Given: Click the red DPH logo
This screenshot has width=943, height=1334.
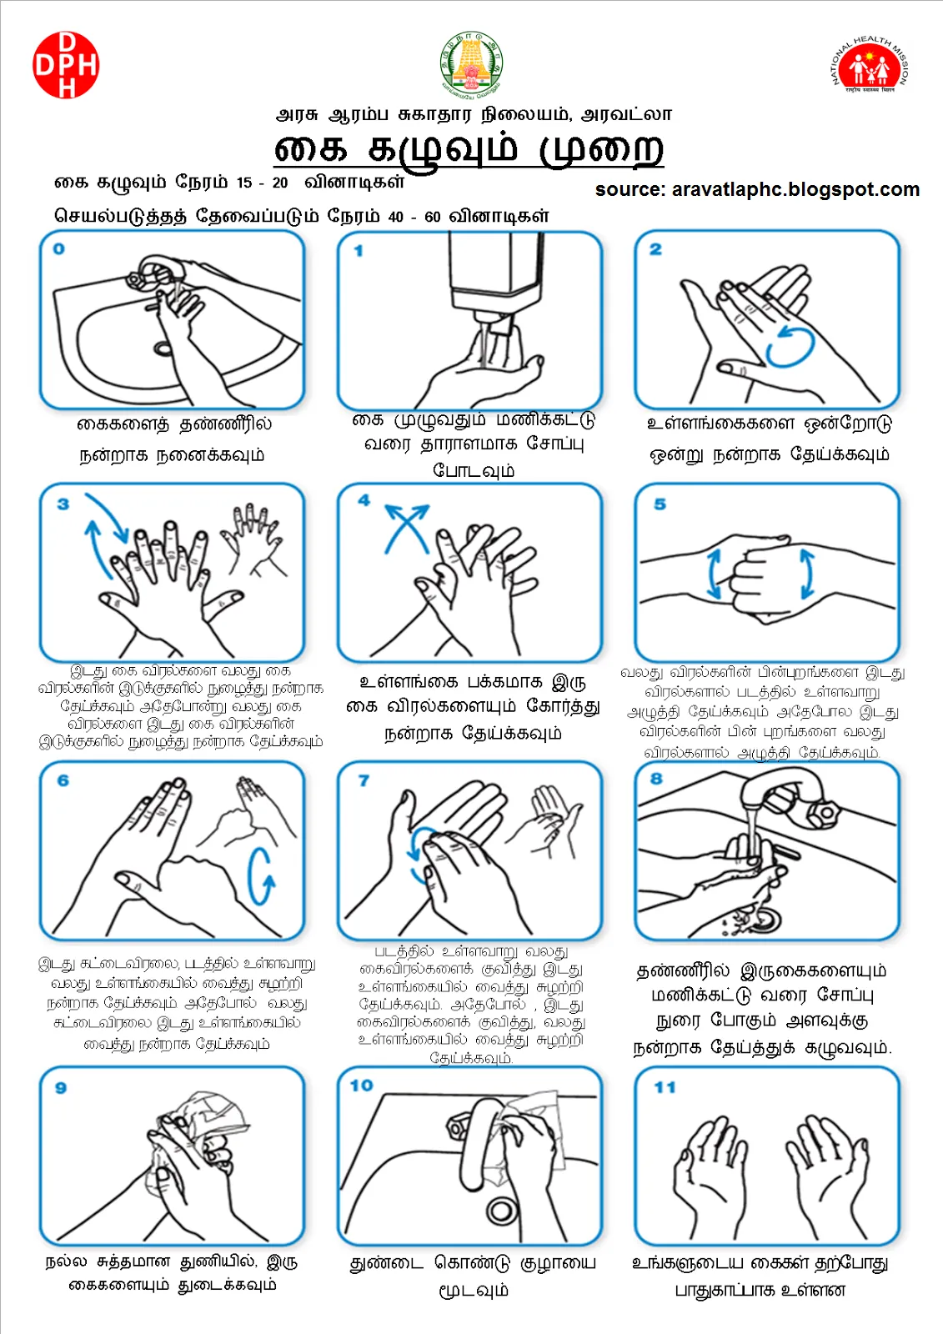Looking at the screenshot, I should (66, 65).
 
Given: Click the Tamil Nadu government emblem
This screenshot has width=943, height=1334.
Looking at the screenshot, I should (471, 63).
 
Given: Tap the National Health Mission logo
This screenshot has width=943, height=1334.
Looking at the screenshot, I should (870, 65).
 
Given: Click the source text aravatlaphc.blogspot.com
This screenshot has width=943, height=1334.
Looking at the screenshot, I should (757, 189).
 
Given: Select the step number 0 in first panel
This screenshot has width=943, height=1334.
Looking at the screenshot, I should (58, 248).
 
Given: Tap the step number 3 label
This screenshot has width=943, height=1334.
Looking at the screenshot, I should (63, 504).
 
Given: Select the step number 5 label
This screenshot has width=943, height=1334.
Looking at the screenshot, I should (660, 504).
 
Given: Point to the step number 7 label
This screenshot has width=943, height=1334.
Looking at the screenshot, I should (364, 780).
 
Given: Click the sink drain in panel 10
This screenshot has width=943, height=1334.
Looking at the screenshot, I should (502, 1209).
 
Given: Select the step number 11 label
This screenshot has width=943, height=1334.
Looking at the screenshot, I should (665, 1087).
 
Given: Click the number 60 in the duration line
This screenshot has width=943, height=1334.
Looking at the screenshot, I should (432, 217).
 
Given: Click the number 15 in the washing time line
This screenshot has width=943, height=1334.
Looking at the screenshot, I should (243, 183).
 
